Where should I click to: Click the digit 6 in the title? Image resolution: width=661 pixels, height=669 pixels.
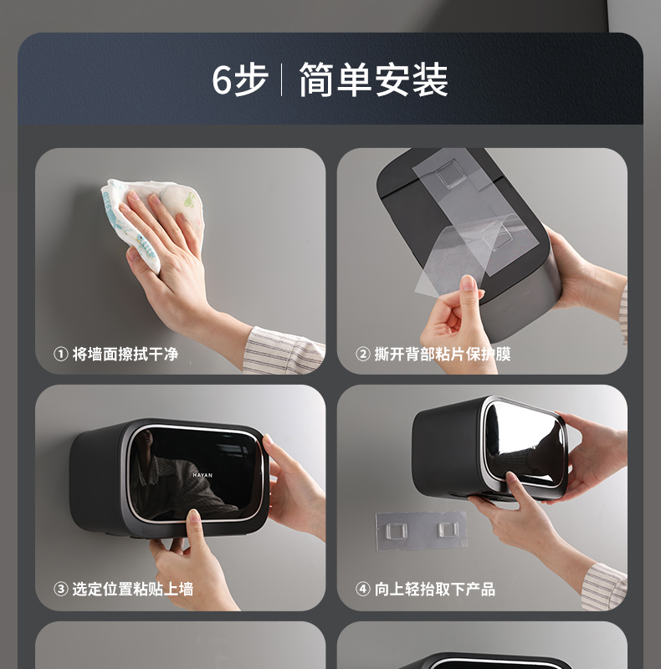point(222,79)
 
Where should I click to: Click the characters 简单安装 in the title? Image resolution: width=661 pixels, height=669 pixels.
point(373,79)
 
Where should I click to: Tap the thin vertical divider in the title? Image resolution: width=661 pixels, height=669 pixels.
point(281,79)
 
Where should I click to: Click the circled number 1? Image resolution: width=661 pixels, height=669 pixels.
point(60,354)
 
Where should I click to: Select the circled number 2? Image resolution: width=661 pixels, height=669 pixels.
point(362,354)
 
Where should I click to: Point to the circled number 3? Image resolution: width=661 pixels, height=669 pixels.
point(60,590)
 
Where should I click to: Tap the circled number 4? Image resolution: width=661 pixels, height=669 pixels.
point(362,590)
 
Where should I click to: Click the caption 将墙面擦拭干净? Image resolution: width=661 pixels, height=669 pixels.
point(126,354)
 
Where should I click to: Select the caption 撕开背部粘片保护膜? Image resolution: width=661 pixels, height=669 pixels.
point(443,354)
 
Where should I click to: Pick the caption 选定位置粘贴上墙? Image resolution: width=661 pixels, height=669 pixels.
point(133,590)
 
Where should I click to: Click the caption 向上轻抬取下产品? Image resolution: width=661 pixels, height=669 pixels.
point(435,590)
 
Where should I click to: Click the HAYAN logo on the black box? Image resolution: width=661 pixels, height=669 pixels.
point(202,475)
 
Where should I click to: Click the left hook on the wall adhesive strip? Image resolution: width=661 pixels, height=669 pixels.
point(397,531)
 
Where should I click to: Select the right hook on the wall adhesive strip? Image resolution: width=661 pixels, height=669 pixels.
point(448,529)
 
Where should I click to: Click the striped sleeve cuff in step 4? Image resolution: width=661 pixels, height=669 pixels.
point(604,586)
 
